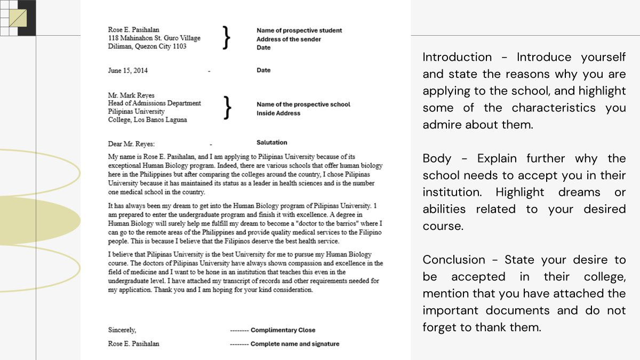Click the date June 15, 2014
coord(128,70)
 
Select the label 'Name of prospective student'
coord(299,30)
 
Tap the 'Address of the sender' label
coord(289,39)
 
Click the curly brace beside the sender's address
coord(227,38)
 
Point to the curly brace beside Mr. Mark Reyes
coord(228,107)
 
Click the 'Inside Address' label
coord(278,113)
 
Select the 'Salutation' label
coord(271,142)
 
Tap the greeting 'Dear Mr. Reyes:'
coord(131,144)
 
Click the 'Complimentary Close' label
coord(283,330)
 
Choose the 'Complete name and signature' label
coord(294,344)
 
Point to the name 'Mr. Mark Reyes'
coord(131,95)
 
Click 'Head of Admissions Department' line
coord(154,103)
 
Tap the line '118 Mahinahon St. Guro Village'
coord(154,38)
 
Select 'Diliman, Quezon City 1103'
coord(147,46)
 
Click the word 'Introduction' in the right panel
coord(457,57)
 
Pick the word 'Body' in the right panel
coord(437,158)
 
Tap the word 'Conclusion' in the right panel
coord(454,260)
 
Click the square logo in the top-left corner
coord(18,18)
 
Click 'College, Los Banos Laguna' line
coord(147,120)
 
